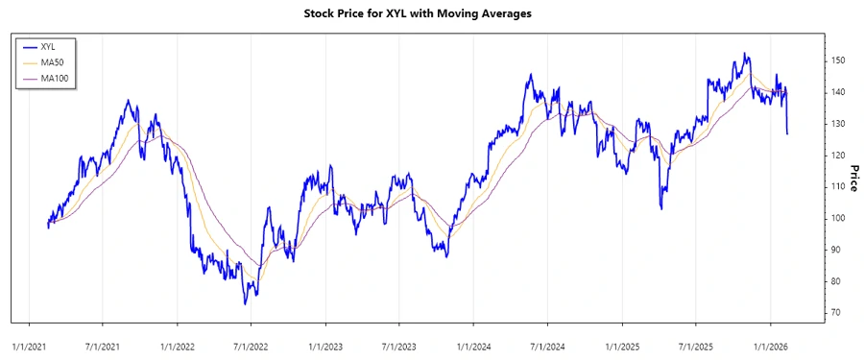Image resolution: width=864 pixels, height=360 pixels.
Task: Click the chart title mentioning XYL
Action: coord(431,13)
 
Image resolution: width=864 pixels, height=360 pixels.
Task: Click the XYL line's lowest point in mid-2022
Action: coord(245,304)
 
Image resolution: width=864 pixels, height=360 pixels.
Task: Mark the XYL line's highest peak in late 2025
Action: coord(745,54)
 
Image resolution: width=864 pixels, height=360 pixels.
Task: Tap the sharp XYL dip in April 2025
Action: coord(661,207)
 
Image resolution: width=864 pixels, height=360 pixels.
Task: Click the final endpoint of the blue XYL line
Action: coord(787,133)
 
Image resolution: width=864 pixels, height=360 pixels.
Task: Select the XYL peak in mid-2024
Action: coord(529,75)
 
